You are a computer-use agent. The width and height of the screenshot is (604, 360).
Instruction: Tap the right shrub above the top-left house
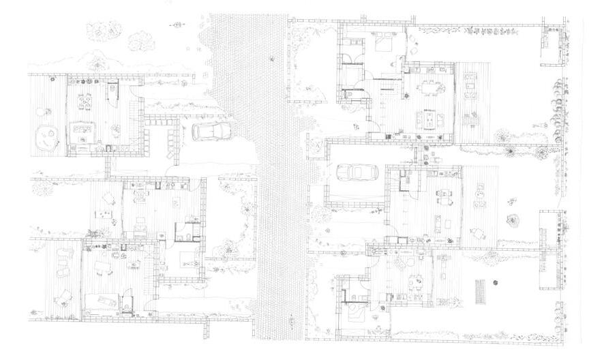140,40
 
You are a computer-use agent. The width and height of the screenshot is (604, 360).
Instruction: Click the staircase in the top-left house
112,91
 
